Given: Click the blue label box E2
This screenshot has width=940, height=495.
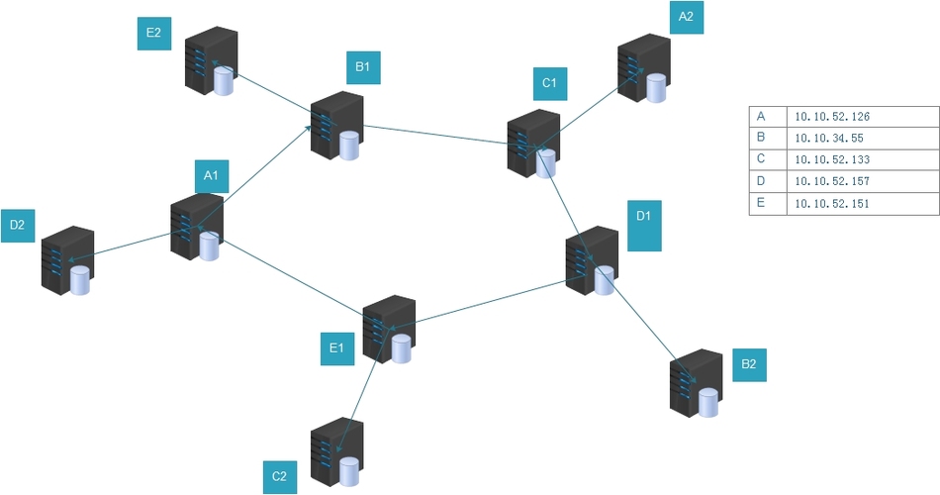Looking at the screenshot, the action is [x=154, y=34].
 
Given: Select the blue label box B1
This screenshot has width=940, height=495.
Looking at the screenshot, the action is [x=363, y=67].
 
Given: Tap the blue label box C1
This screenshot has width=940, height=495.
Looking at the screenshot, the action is [x=550, y=83].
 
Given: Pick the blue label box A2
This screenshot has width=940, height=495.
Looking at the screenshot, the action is [x=687, y=18].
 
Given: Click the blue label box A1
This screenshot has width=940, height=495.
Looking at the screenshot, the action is [x=212, y=176].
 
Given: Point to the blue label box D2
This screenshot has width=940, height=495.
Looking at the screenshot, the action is [x=18, y=226].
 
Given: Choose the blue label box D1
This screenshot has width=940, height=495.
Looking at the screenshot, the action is [x=644, y=226].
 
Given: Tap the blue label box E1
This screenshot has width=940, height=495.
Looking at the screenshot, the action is [x=336, y=348].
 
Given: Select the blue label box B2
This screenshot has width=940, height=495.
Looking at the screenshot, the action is [x=749, y=364].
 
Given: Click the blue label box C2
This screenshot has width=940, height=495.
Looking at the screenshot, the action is [x=280, y=477].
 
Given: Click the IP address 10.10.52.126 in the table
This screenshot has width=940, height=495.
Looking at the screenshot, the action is [x=832, y=117].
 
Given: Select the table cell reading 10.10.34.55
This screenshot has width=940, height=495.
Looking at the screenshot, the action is [x=863, y=138].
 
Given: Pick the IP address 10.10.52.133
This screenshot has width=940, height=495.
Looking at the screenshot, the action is [x=832, y=159].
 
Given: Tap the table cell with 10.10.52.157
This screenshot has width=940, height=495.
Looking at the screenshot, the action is [x=863, y=181].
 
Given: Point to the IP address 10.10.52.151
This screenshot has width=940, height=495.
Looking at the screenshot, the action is [x=832, y=203].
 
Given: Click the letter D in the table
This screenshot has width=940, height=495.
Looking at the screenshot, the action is [x=761, y=180].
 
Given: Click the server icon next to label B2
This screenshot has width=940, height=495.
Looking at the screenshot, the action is [x=696, y=383].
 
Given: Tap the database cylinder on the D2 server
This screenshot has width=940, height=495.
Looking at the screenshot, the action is [x=80, y=280].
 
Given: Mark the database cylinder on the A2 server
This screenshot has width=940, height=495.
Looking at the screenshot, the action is [x=656, y=88].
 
